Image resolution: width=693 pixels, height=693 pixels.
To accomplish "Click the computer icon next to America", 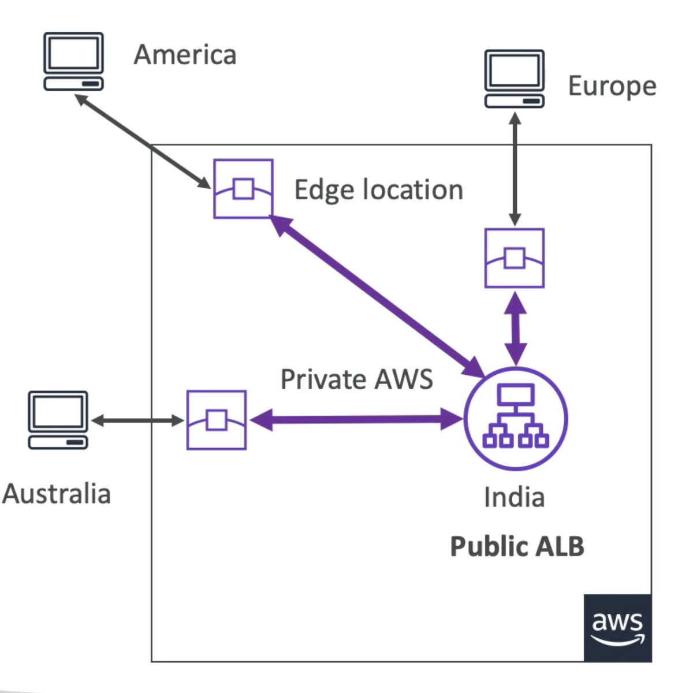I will click(x=73, y=61).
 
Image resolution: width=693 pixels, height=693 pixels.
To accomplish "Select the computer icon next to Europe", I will click(x=514, y=79).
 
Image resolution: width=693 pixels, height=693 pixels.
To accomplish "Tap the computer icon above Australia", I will click(x=58, y=420).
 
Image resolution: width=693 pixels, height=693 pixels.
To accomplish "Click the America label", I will click(x=185, y=55).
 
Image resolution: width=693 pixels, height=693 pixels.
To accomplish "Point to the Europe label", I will click(x=612, y=86).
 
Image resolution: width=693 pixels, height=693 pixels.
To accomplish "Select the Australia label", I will click(x=57, y=494).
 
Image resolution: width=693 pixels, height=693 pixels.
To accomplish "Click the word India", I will click(x=514, y=497).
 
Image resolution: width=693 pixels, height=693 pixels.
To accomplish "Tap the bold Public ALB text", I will click(x=517, y=546).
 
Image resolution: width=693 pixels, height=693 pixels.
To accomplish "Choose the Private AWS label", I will click(x=356, y=379).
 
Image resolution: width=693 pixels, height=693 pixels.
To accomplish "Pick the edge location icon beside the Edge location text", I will click(x=243, y=189).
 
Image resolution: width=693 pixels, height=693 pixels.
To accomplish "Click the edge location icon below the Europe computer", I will click(x=514, y=258).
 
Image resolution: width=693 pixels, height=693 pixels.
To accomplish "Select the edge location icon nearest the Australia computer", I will click(x=217, y=420).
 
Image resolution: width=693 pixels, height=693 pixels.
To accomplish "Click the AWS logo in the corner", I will click(x=617, y=628).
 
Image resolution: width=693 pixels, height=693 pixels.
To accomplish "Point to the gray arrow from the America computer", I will click(x=143, y=141).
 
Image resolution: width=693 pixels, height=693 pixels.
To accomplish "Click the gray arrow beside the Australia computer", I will click(x=137, y=420).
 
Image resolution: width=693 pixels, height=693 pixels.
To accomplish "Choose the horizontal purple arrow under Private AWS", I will click(x=356, y=419).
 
